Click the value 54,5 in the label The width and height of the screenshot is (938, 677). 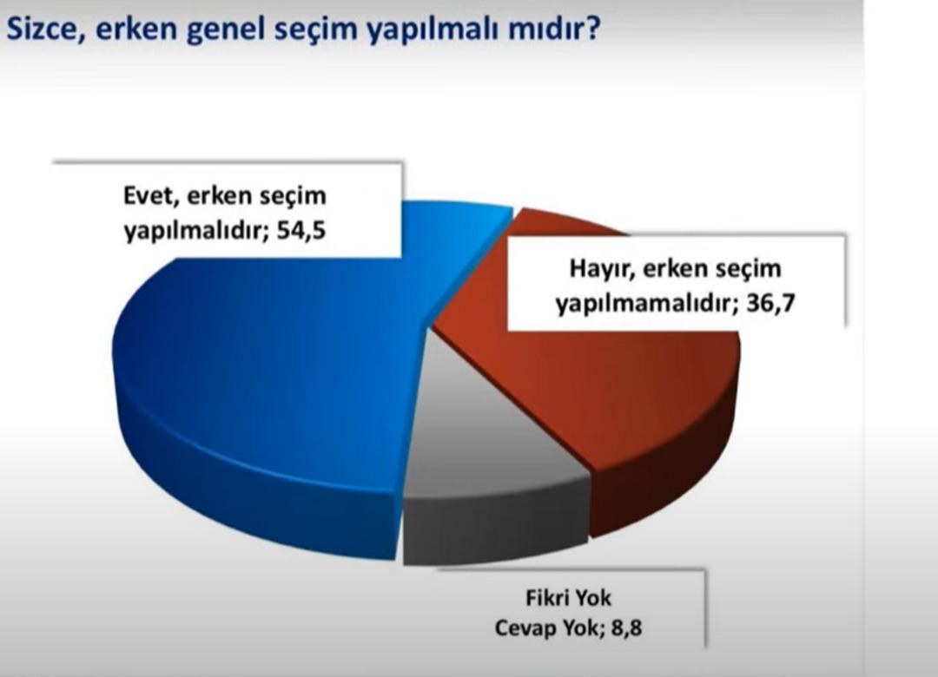[301, 230]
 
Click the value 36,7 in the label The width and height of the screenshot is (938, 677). [770, 304]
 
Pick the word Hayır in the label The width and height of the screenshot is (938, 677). [601, 269]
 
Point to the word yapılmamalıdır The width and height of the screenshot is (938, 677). [647, 306]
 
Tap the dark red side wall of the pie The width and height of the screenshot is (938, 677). [664, 478]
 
